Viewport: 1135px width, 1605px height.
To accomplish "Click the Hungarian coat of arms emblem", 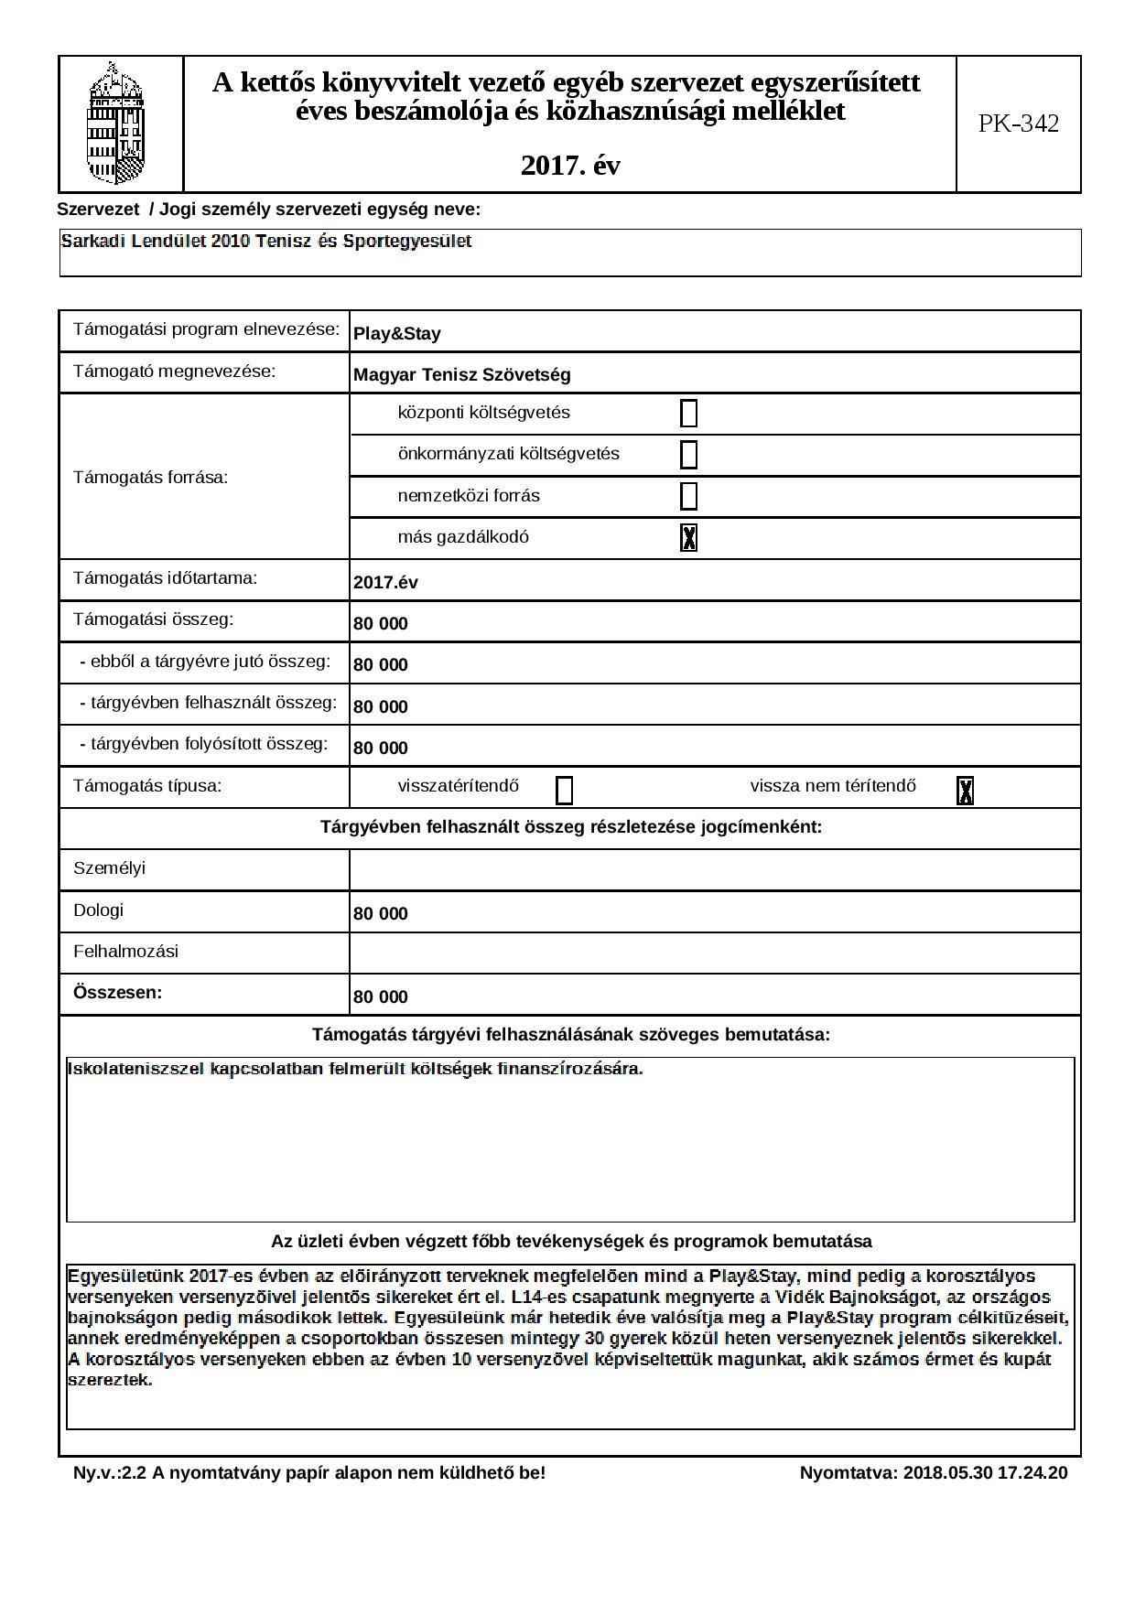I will (116, 124).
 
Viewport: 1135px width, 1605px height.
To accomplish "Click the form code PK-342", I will (1018, 124).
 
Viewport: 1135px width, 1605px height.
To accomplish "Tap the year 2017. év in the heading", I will (570, 166).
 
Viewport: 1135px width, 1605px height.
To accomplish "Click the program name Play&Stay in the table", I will (397, 334).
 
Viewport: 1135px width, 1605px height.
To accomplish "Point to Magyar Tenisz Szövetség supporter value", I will (461, 375).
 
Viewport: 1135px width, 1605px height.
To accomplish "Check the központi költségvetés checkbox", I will (689, 414).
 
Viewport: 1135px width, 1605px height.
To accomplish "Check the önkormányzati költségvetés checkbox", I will (689, 455).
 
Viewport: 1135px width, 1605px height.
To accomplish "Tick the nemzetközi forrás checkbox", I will (689, 496).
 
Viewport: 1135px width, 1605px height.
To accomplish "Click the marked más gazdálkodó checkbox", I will (689, 538).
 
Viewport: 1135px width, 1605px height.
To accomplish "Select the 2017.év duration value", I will (385, 583).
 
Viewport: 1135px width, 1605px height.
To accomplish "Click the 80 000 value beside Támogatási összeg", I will (381, 624).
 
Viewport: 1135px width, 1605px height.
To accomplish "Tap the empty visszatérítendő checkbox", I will (565, 791).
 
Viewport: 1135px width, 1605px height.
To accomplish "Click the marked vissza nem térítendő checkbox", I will (965, 791).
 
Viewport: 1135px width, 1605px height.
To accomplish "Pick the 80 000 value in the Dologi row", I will (381, 914).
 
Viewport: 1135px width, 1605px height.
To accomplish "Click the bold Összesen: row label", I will (117, 993).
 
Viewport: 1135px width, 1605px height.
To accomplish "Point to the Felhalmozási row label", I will (125, 952).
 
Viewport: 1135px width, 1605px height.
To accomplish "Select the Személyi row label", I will (109, 868).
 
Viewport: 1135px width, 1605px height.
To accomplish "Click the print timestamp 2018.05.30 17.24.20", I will (985, 1473).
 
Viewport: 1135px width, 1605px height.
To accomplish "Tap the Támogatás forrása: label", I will (150, 477).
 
